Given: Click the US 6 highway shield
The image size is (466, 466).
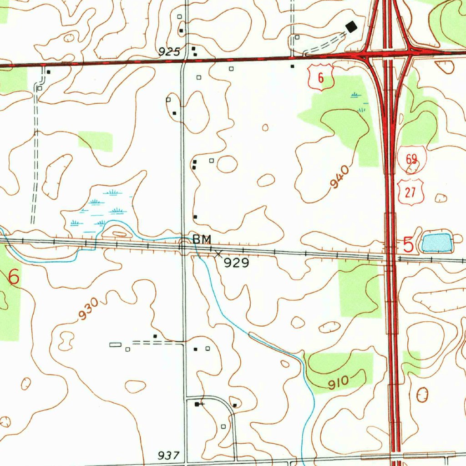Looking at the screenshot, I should pyautogui.click(x=321, y=77).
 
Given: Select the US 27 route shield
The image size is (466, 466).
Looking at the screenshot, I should pyautogui.click(x=410, y=192).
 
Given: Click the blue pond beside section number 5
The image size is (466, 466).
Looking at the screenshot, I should pyautogui.click(x=436, y=243).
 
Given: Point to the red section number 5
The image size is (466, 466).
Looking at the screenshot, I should pyautogui.click(x=409, y=245).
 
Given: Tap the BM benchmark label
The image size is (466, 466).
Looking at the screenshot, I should pyautogui.click(x=202, y=239).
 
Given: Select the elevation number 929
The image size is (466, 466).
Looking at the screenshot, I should pyautogui.click(x=236, y=263).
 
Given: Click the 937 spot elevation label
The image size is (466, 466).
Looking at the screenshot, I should pyautogui.click(x=169, y=456).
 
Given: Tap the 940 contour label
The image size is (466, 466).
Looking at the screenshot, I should pyautogui.click(x=340, y=177).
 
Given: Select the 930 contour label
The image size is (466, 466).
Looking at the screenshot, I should pyautogui.click(x=87, y=309).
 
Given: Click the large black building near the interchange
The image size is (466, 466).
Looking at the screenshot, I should pyautogui.click(x=351, y=27).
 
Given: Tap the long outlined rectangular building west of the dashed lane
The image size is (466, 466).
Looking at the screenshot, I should pyautogui.click(x=116, y=345).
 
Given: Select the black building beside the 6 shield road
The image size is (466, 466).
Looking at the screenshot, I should pyautogui.click(x=292, y=66).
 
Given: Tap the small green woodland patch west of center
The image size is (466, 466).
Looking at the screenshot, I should pyautogui.click(x=95, y=141).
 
